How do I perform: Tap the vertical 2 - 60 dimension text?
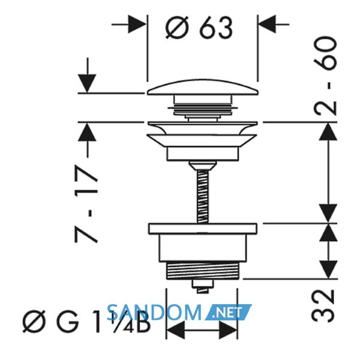pos(325,76)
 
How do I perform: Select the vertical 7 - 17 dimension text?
pos(86,203)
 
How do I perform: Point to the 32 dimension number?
pos(323,305)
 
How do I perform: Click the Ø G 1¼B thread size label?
pos(86,322)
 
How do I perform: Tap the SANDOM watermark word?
pos(154,312)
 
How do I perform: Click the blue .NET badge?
pos(228,312)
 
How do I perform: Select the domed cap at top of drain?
pos(203,88)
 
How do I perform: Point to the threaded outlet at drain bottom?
pos(203,271)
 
